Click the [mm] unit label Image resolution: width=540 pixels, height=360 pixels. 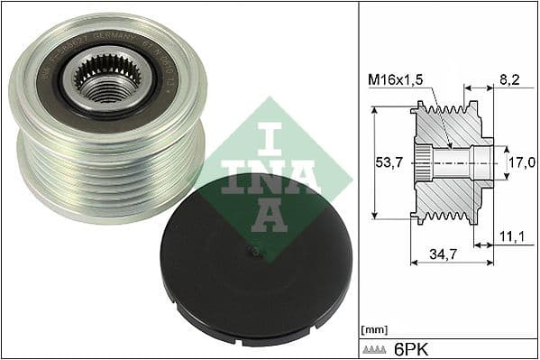[x=373, y=329]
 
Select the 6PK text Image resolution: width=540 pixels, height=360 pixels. [x=416, y=348]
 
